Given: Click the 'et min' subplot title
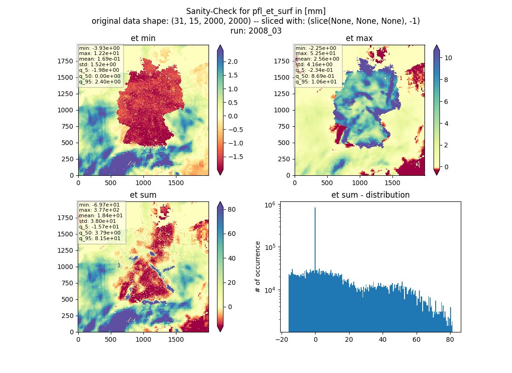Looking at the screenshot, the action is point(143,38).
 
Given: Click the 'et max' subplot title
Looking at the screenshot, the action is point(359,38).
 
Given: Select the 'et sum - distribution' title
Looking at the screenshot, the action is point(371,195).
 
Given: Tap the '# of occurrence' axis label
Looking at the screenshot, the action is point(258,267).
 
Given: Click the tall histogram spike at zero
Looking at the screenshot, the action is point(315,239).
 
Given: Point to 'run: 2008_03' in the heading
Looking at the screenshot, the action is point(256,31).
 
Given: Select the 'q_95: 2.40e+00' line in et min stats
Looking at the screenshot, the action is point(100,82).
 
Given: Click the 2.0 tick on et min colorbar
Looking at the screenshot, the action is point(232,62).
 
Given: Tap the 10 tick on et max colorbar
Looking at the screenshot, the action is point(448,58).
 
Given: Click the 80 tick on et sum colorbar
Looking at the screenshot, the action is point(231,209).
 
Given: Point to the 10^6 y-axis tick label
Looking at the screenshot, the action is point(269,205).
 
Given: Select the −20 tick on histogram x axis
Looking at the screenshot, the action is point(282,339).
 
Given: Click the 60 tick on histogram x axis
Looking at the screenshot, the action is point(416,339).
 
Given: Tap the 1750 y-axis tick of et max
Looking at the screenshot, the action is point(282,61).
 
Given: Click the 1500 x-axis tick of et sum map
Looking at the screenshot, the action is point(176,339).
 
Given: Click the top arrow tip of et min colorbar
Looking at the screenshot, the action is point(220,45).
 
